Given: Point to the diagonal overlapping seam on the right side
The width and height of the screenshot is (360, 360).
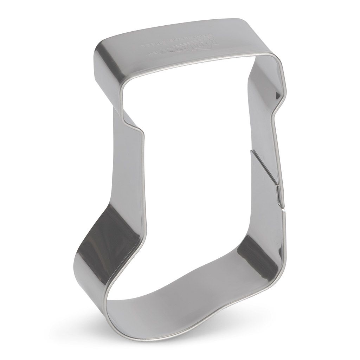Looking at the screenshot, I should coord(267,172).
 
